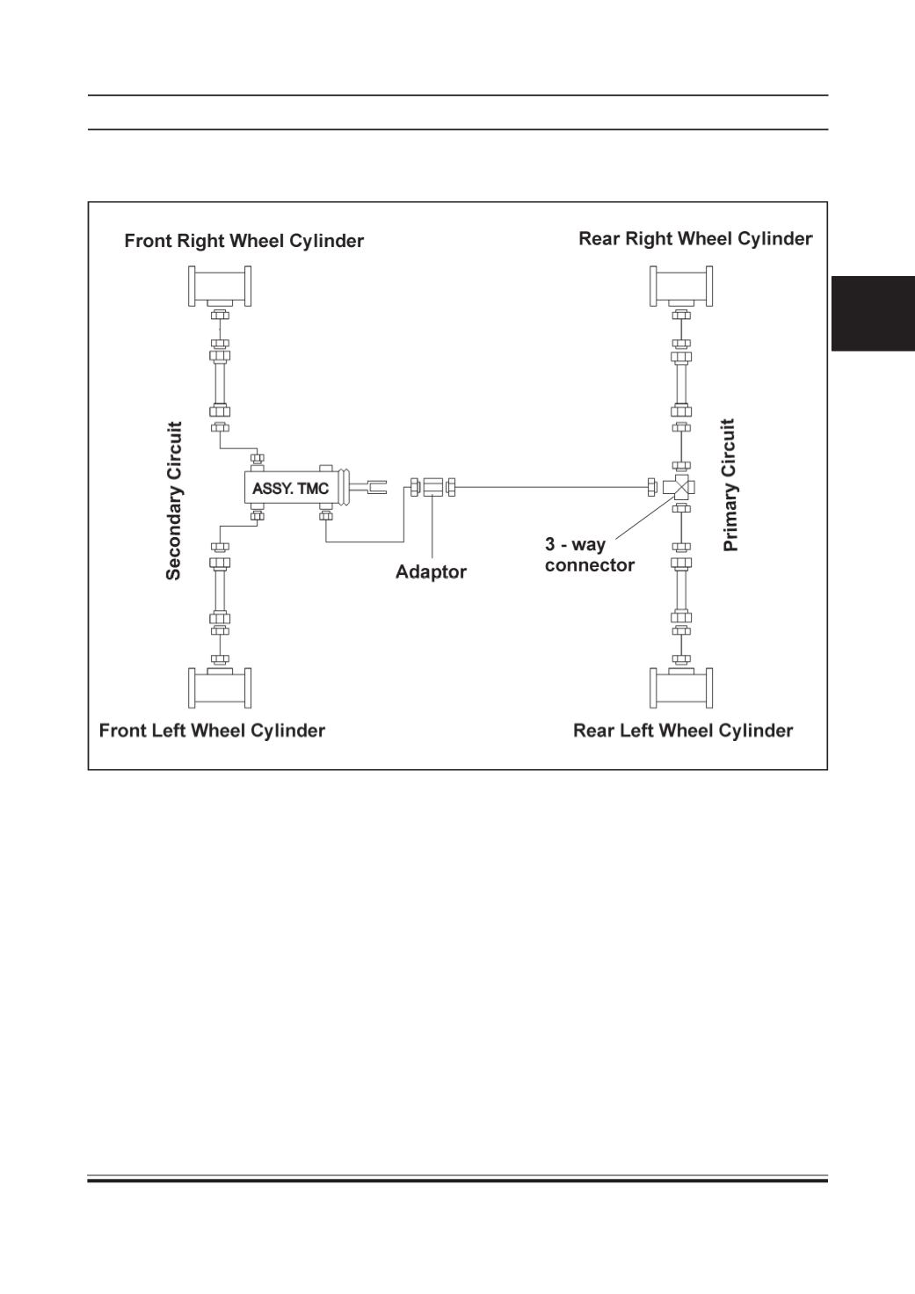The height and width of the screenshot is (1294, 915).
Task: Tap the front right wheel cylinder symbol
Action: pos(220,287)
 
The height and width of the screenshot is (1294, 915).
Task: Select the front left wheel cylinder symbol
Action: pos(220,687)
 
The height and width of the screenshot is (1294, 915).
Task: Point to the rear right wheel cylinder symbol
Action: pos(681,287)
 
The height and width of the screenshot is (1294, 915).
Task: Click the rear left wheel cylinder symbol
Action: pos(681,687)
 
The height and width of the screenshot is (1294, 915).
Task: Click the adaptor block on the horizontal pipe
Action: pos(432,487)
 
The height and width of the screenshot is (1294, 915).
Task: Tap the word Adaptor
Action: pos(431,572)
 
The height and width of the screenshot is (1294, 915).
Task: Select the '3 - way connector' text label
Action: pos(589,555)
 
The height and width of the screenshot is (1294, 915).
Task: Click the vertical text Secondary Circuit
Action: pos(174,500)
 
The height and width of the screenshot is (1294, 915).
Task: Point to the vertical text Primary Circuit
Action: pos(730,485)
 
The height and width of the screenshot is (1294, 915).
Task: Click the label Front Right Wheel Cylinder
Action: pos(243,240)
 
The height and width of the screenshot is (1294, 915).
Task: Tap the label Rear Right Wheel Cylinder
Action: pos(695,238)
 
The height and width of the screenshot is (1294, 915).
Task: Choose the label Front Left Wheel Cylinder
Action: pos(212,731)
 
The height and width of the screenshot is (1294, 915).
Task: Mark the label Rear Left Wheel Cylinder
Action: pos(683,731)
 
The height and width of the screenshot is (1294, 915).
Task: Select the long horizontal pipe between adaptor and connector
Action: pos(551,488)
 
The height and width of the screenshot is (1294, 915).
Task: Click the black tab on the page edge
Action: pos(873,314)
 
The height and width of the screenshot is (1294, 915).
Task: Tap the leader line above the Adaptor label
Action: pos(432,527)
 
